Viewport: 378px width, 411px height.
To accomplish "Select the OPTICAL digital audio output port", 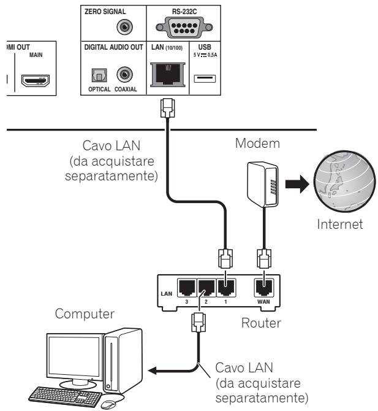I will click(x=93, y=74).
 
